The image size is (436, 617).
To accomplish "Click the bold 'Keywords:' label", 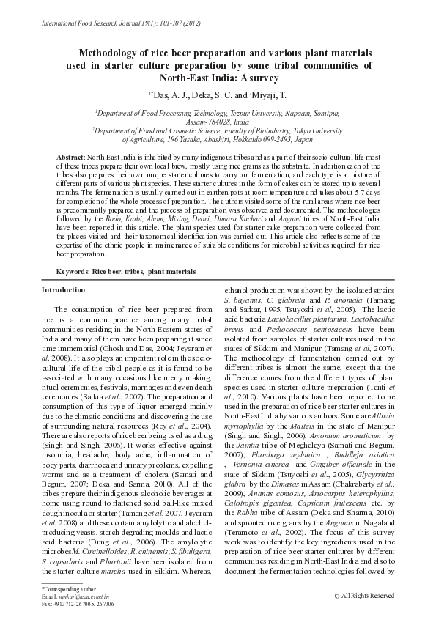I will coord(73,271).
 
